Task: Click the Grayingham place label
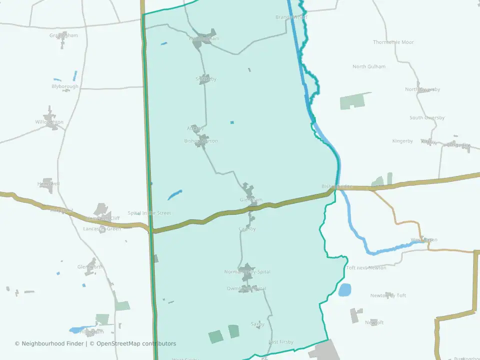[63, 35]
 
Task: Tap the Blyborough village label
[65, 86]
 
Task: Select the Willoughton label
[49, 122]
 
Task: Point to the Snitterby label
[206, 79]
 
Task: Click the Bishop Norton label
[201, 141]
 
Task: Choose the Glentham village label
[251, 199]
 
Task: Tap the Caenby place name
[247, 229]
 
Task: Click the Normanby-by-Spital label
[247, 272]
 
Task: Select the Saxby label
[257, 324]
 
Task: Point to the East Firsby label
[281, 342]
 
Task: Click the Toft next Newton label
[366, 268]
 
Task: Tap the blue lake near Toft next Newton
[345, 289]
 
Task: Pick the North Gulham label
[369, 66]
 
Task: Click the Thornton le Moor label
[393, 42]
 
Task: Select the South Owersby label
[427, 118]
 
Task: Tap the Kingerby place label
[403, 141]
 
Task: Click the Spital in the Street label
[149, 213]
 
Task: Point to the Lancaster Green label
[102, 228]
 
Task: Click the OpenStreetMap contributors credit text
[136, 343]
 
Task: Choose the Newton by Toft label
[388, 295]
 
